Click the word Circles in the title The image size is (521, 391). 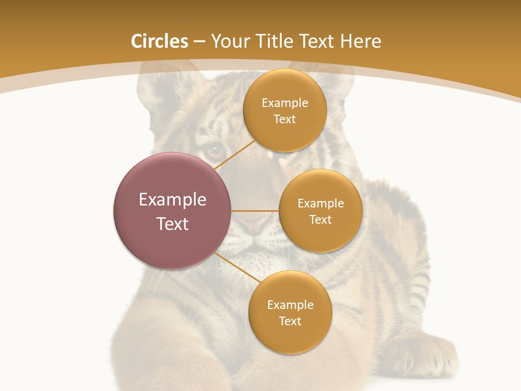pos(160,41)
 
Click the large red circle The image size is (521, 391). pos(172,211)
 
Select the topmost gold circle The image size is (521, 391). pos(285,110)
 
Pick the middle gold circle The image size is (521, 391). pos(321,211)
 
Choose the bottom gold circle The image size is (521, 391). pos(290,312)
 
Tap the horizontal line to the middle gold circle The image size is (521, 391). pos(255,211)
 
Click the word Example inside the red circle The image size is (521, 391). pos(172,199)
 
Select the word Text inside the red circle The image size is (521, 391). pos(172,224)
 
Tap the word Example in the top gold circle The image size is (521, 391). pos(285,103)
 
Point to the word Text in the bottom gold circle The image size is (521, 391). pos(290,321)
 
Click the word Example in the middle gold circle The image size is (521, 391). pos(321,203)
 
